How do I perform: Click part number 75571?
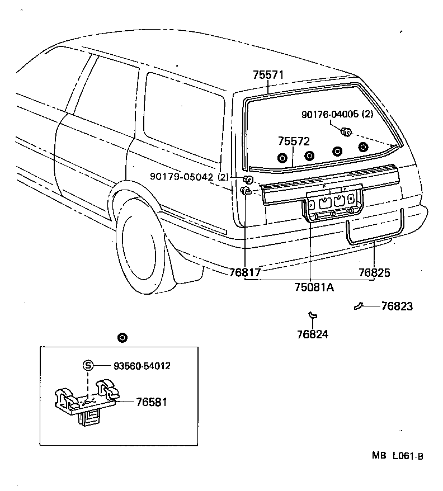268,74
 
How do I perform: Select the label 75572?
294,141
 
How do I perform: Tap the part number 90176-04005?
329,114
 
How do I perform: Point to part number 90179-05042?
182,177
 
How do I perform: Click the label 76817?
245,273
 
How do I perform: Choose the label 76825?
374,273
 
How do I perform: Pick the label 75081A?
314,287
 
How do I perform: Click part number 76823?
397,306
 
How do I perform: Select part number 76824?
313,334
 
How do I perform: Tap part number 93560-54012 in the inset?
142,366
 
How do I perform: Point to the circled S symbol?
88,365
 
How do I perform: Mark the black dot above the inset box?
122,337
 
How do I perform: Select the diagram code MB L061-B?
397,456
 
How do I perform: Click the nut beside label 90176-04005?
346,133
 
